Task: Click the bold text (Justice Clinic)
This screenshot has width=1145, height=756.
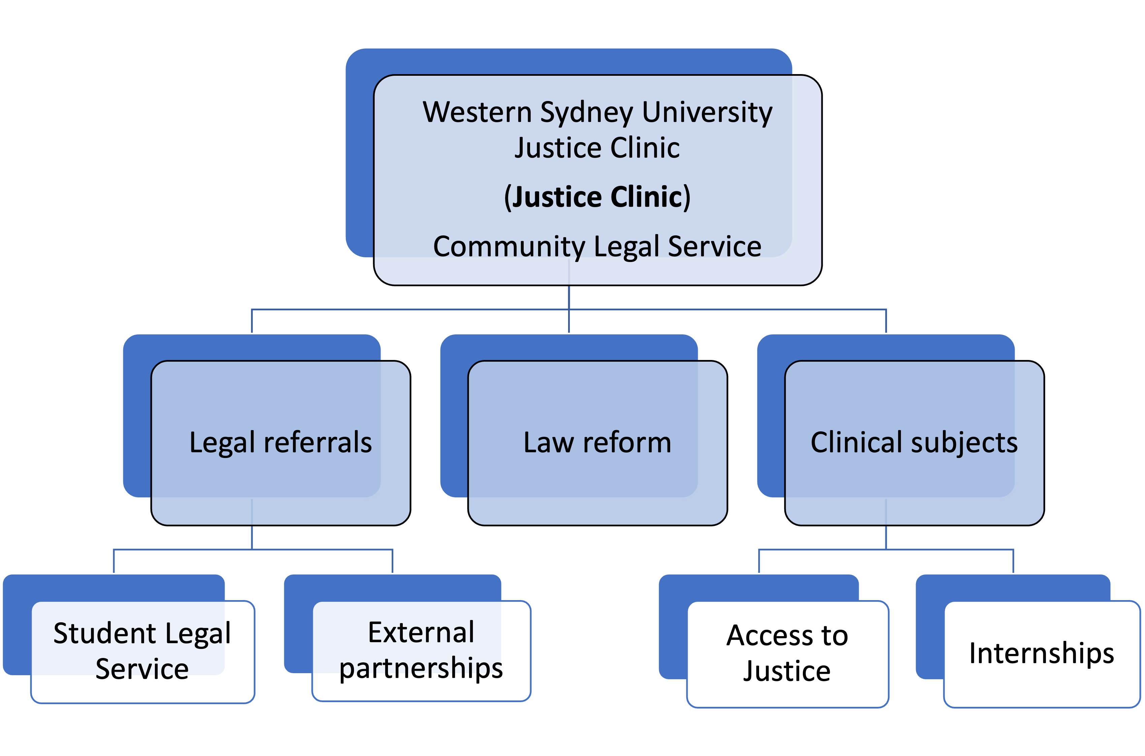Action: [x=597, y=197]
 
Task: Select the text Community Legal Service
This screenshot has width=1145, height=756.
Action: [x=597, y=246]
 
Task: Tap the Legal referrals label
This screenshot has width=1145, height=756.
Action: [x=281, y=442]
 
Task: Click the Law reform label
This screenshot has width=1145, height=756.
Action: [x=597, y=442]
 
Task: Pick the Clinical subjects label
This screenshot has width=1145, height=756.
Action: [x=914, y=442]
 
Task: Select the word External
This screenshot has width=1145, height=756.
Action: [x=421, y=632]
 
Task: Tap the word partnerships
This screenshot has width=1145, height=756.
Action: [x=421, y=668]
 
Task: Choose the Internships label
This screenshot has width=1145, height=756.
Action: [x=1041, y=653]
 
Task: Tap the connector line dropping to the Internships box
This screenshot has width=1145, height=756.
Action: [x=1013, y=561]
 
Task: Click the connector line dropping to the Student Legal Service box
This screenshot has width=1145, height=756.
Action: [x=114, y=561]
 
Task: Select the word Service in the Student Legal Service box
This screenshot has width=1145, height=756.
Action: [x=142, y=669]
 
